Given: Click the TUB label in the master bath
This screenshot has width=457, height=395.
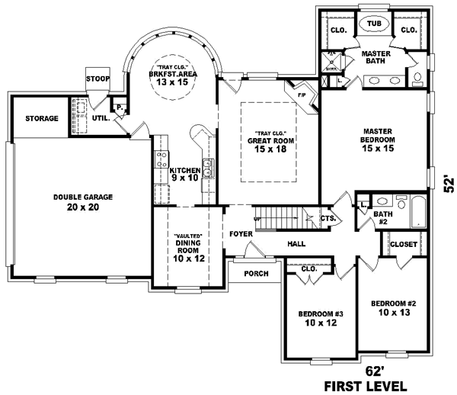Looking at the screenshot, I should [374, 24].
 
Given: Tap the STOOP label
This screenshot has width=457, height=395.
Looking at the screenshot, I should [97, 79].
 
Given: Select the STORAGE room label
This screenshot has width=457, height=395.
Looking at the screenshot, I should [41, 119].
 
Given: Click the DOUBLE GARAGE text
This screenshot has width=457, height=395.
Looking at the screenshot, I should [83, 197].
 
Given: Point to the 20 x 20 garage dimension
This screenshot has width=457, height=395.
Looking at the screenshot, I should [83, 207].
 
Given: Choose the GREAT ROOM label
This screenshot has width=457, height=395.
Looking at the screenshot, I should [270, 141].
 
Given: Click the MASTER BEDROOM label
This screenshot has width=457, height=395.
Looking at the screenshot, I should [376, 136].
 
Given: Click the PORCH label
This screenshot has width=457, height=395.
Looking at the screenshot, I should [255, 274].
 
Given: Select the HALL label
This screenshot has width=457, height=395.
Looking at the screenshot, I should [296, 244].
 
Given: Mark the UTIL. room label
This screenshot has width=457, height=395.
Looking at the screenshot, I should [100, 118].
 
